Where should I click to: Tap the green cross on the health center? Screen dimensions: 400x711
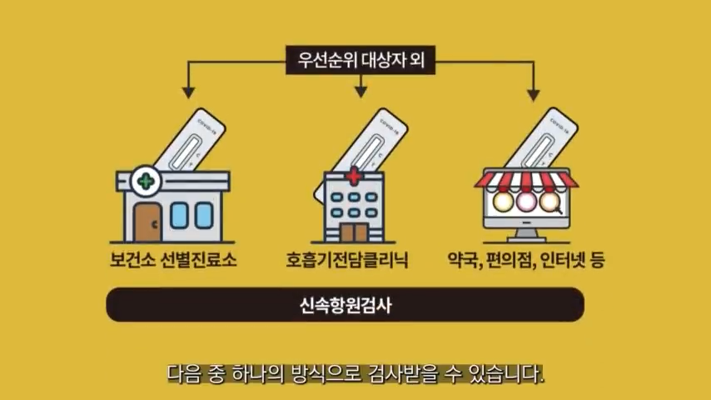147,179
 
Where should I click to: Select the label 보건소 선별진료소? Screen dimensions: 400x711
173,260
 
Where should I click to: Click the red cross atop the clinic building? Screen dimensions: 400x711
353,176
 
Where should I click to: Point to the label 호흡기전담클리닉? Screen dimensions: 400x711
355,260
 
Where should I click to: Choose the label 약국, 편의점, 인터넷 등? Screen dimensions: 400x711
526,260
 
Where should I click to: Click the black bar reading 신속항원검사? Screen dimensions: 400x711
346,305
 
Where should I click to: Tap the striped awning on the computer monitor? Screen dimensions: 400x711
525,178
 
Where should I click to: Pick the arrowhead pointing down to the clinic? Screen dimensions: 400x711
361,90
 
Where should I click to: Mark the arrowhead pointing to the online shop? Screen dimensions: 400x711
533,93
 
